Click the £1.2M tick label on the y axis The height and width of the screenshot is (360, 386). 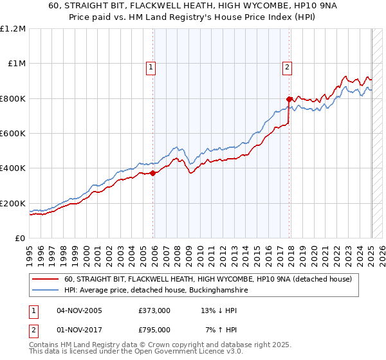pos(13,28)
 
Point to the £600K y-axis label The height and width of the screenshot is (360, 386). pos(13,134)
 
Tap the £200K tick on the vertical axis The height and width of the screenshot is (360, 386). pos(13,203)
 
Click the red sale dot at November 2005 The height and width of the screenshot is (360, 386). pos(153,173)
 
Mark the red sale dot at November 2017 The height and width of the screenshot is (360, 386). pos(289,100)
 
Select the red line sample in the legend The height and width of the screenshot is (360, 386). pos(46,280)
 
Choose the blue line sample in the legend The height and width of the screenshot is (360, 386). pos(46,291)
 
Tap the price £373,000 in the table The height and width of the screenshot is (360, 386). pos(154,310)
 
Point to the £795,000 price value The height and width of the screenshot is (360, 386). pos(154,330)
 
